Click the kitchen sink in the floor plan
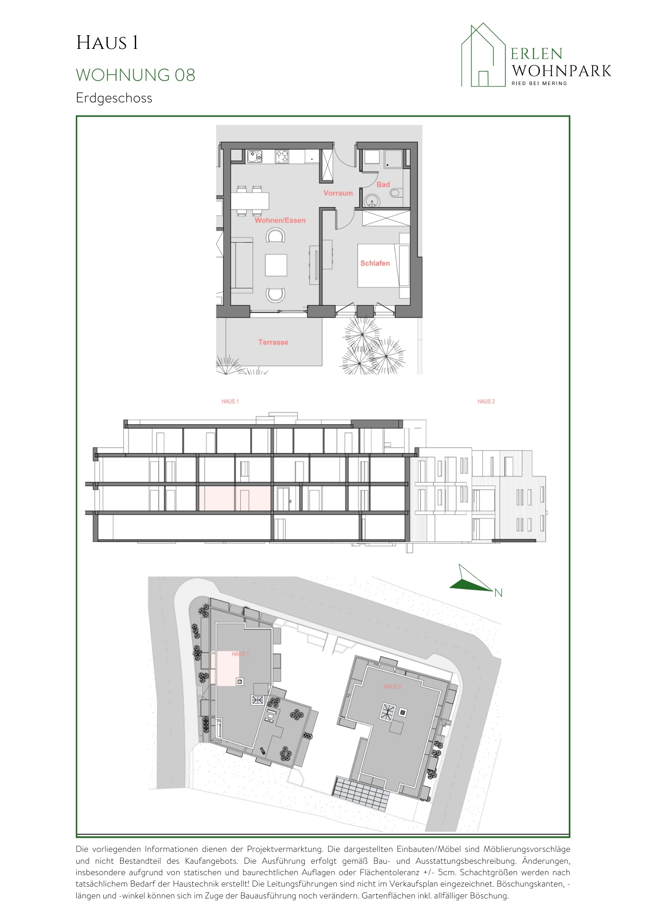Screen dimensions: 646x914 pos(254,157)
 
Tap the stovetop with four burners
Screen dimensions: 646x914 pos(282,157)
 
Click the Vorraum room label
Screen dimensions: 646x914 pos(338,193)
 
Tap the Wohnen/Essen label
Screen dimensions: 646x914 pos(280,220)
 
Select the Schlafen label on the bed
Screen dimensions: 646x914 pos(375,263)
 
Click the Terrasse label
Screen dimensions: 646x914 pos(273,342)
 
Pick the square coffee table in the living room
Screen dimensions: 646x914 pos(276,265)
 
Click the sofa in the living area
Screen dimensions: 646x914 pos(242,265)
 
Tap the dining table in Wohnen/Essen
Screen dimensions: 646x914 pos(249,201)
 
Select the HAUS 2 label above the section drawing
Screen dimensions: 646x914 pos(486,401)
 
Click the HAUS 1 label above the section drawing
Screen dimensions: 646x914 pos(230,401)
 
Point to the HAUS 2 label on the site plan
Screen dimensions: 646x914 pos(392,686)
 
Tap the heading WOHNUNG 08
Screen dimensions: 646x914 pos(136,75)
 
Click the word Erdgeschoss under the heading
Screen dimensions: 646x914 pos(114,98)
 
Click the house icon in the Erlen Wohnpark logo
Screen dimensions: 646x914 pos(483,55)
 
